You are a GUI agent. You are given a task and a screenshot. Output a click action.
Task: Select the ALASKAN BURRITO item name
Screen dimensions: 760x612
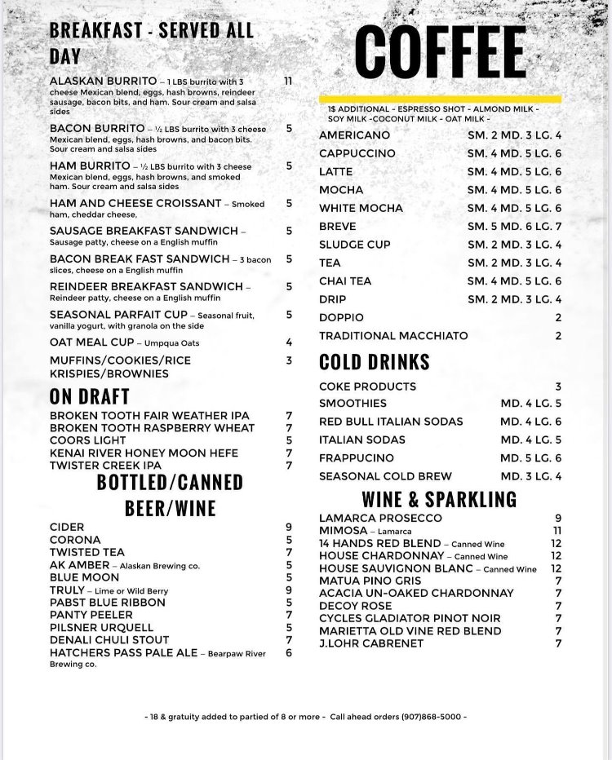pos(103,82)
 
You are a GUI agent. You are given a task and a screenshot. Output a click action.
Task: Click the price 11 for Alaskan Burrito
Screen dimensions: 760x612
pos(288,82)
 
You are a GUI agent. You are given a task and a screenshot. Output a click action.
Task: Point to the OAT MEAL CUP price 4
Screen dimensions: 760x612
pos(289,342)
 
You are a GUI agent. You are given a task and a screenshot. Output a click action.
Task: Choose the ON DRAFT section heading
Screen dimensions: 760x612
pos(90,396)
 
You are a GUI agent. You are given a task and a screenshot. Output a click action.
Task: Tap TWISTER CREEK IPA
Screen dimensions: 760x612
pos(105,466)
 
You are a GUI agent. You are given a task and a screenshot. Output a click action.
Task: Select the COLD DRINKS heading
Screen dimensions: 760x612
pos(374,361)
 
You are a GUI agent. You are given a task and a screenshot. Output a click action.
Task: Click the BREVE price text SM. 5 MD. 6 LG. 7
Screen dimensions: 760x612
pos(514,226)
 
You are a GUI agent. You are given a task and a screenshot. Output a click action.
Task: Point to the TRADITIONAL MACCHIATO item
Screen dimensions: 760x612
pos(393,336)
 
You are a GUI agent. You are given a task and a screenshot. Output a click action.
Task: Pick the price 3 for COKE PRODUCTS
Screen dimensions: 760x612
pos(558,387)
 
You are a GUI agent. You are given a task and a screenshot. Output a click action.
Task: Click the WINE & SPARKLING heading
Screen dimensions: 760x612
pos(439,498)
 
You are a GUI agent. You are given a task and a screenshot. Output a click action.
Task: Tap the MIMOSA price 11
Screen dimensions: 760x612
pos(557,531)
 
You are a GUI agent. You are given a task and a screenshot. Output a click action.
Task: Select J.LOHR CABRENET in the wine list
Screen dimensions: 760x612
pos(371,643)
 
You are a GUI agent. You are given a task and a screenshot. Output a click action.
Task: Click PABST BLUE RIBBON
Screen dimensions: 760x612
pos(107,603)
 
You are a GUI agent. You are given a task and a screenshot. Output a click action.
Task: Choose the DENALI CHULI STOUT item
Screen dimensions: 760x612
pos(109,640)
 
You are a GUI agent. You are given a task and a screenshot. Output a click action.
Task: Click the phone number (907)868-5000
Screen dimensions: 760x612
pos(433,717)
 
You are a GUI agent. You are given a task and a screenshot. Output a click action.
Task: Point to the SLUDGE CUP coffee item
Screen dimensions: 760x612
pos(355,245)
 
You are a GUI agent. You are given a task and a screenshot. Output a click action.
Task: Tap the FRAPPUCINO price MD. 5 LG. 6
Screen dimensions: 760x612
pos(531,458)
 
